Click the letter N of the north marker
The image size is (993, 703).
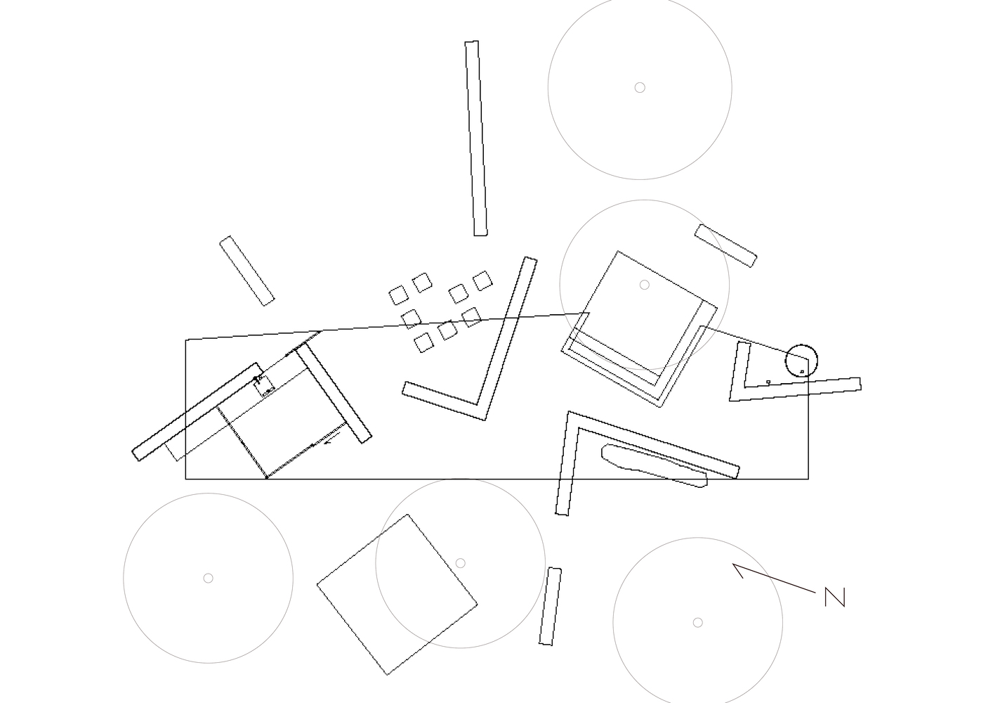[835, 597]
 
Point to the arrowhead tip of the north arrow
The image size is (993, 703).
[732, 564]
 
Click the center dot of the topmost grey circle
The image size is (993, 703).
[640, 87]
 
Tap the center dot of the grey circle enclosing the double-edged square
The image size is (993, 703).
[645, 285]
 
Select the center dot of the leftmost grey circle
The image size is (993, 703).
[208, 578]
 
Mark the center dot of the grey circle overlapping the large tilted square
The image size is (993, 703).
[460, 563]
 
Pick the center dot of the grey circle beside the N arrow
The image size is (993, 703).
[697, 622]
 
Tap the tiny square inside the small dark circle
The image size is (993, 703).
[802, 372]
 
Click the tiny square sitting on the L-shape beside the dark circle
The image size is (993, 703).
[768, 382]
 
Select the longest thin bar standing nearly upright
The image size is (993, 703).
[476, 138]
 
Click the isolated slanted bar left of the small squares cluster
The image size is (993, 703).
[247, 271]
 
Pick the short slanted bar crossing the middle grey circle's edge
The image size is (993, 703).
[725, 246]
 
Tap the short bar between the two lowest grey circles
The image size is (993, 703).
[550, 606]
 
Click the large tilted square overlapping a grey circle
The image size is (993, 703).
[397, 595]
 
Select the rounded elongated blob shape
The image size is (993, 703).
[655, 465]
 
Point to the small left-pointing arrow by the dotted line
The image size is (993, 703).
[331, 439]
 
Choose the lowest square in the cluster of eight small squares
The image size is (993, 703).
[423, 342]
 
